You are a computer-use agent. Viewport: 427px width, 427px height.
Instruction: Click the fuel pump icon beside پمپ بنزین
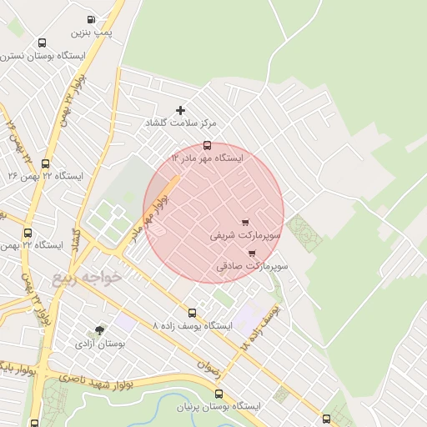pos(90,19)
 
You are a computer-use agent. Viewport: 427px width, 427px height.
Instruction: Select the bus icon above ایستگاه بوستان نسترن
pos(43,43)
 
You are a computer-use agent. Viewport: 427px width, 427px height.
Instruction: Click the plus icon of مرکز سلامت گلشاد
pos(180,110)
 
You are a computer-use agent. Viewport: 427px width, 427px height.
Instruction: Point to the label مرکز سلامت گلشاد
pos(182,123)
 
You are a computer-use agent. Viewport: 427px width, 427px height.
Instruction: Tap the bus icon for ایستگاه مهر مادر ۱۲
pos(207,145)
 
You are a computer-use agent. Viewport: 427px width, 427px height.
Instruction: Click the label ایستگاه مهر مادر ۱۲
pos(207,157)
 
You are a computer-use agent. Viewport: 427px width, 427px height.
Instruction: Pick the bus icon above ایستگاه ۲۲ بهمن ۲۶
pos(45,164)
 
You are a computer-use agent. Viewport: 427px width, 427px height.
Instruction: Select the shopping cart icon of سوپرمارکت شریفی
pos(244,223)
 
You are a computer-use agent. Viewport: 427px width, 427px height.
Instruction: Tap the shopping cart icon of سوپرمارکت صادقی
pos(251,254)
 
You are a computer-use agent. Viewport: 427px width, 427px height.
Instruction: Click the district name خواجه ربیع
pos(87,278)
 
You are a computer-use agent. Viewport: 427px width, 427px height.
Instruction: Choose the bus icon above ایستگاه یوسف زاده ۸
pos(193,314)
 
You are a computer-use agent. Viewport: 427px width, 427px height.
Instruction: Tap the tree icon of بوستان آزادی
pos(100,330)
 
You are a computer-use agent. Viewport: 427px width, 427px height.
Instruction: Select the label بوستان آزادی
pos(100,343)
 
